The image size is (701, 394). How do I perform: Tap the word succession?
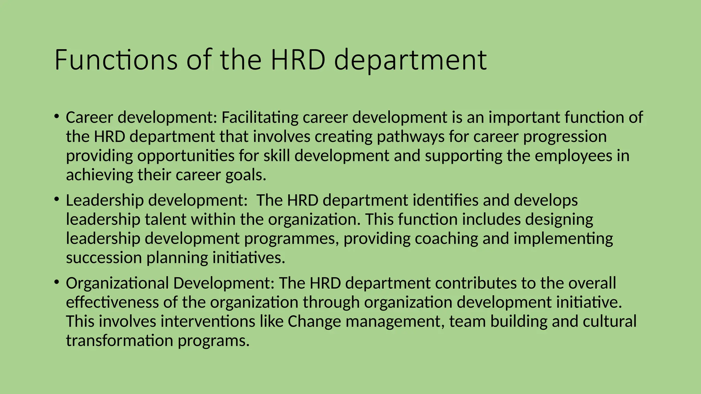tap(104, 258)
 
